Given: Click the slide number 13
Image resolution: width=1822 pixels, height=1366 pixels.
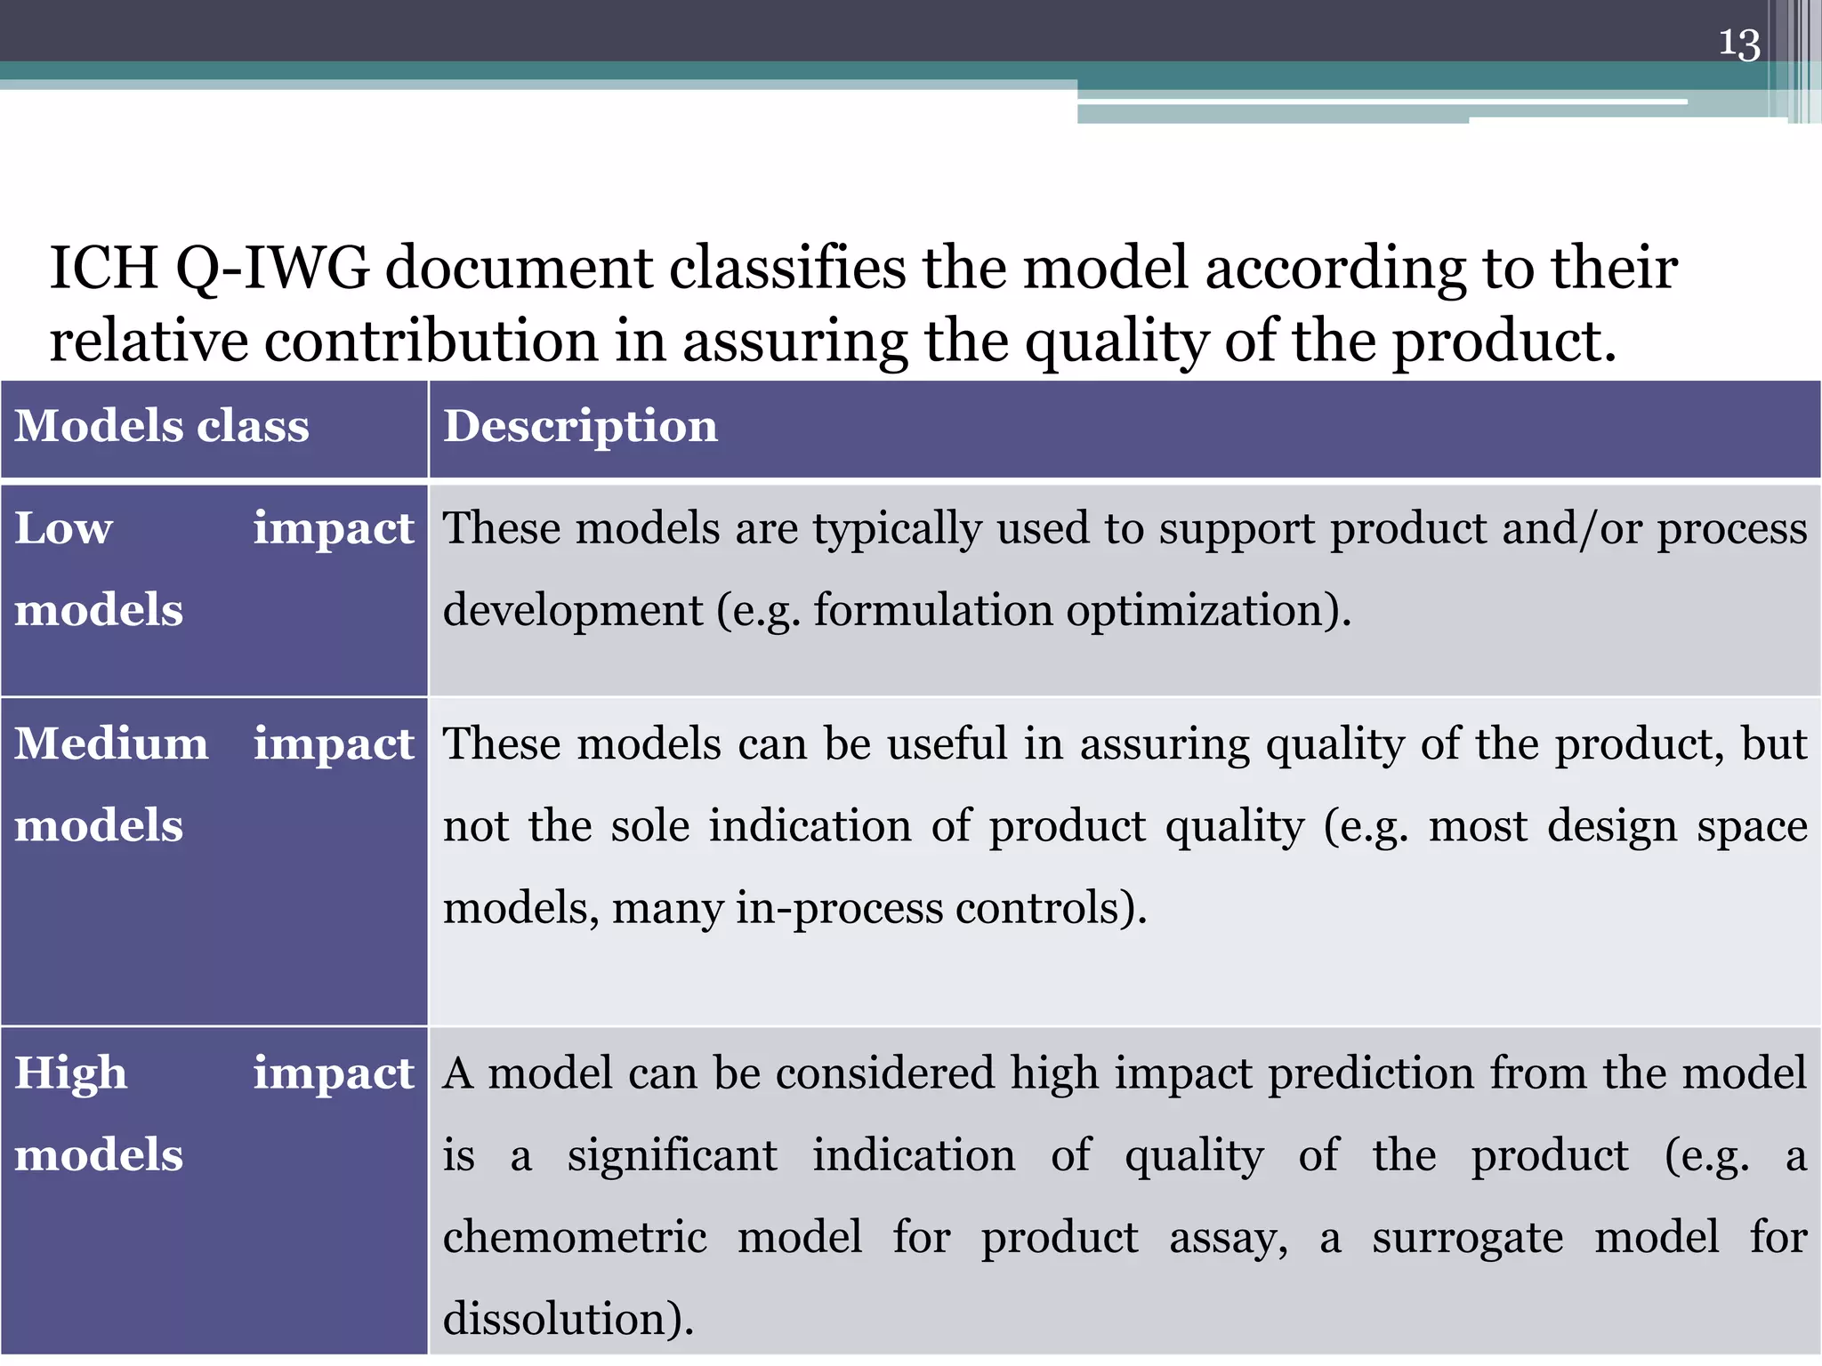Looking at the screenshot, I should click(1738, 44).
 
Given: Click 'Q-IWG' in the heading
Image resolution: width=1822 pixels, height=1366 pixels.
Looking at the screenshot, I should click(272, 268).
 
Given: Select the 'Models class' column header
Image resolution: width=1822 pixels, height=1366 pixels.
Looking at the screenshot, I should click(162, 426).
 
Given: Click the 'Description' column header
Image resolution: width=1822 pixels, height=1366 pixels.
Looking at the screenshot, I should click(580, 426).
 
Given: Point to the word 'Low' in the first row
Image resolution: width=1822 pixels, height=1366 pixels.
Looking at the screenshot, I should click(63, 528).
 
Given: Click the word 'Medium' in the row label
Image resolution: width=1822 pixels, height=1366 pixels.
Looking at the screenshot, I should click(111, 743).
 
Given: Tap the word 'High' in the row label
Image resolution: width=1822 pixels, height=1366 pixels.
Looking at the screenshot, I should click(70, 1073).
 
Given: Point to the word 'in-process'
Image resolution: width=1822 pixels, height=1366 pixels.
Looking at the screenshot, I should click(839, 909).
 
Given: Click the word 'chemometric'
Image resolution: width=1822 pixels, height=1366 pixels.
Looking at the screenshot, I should click(575, 1238).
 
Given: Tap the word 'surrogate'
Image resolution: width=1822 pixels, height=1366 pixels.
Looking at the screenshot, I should click(1467, 1238).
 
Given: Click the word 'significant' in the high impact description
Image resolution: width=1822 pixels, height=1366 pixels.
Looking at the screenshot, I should click(673, 1156).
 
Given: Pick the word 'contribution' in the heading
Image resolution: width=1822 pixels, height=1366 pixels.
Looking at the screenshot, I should click(431, 341).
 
